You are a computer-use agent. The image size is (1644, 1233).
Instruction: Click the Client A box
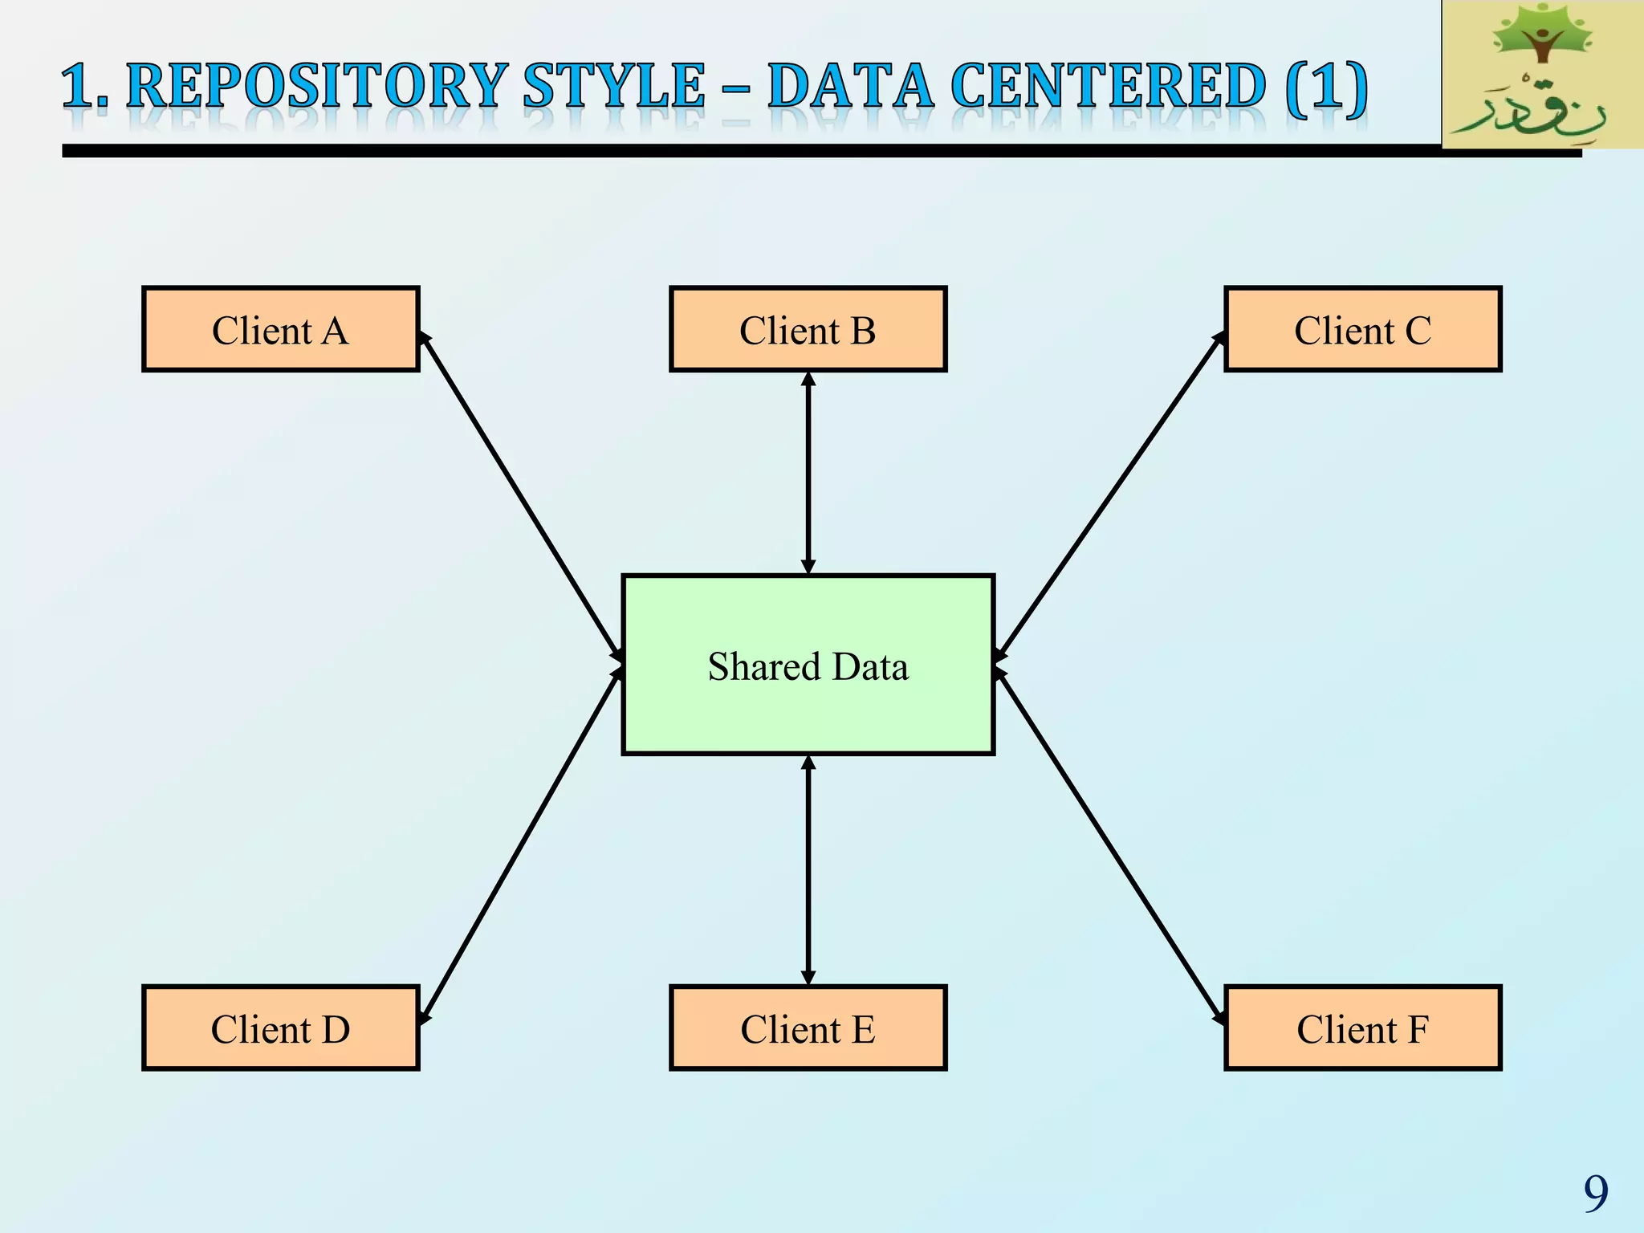coord(280,329)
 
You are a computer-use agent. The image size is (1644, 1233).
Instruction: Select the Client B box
coord(808,329)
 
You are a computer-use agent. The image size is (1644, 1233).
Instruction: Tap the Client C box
coord(1362,329)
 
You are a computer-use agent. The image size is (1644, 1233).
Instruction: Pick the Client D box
coord(280,1028)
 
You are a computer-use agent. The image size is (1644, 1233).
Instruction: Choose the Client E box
coord(808,1028)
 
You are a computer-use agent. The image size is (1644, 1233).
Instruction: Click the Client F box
coord(1362,1028)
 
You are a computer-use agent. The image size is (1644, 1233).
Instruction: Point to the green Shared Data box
coord(808,665)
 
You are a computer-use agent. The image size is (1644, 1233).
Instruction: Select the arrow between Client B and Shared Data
coord(808,474)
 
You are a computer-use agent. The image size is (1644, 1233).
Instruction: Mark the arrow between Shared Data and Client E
coord(808,870)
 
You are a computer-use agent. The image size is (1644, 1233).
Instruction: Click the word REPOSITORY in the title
coord(317,86)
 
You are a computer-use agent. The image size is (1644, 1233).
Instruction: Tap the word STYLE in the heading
coord(613,86)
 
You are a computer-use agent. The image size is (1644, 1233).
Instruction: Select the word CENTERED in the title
coord(1109,86)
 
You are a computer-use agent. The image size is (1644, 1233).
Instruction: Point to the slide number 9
coord(1595,1193)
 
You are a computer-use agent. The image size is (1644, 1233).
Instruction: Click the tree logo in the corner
coord(1542,75)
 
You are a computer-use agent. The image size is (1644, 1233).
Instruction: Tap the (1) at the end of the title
coord(1326,86)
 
